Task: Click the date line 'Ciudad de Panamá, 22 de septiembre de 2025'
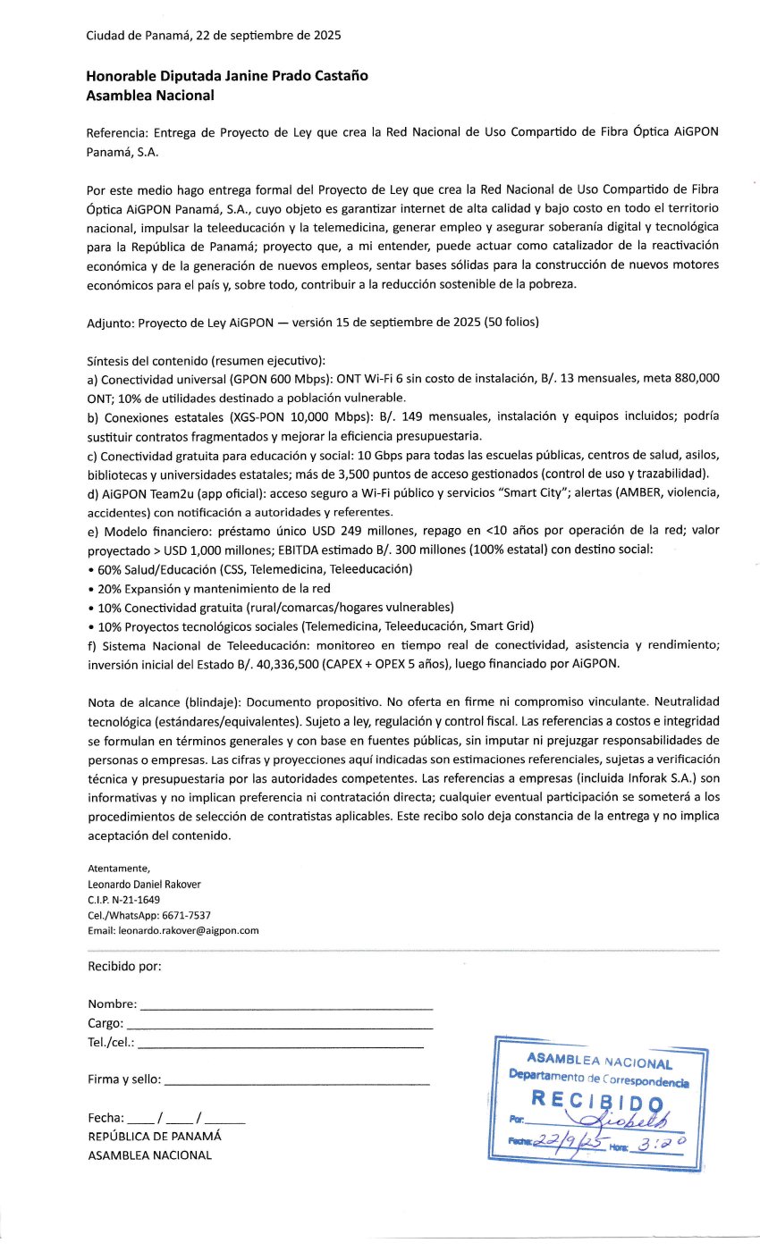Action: (x=214, y=36)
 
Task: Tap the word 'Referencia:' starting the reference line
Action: (x=117, y=132)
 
